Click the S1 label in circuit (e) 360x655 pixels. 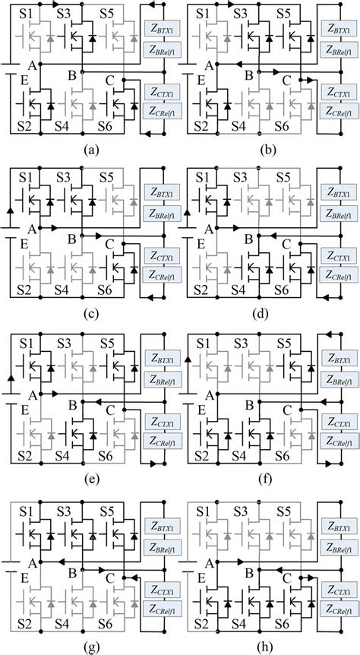[x=24, y=341]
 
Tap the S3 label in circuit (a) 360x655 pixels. [x=65, y=13]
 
